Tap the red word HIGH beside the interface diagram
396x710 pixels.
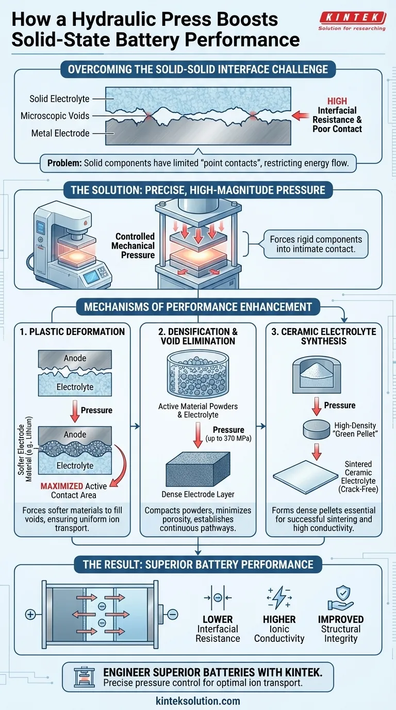[x=337, y=101]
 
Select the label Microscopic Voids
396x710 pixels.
[x=55, y=116]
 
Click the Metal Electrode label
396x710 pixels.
[x=60, y=133]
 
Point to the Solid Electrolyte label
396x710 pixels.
[x=59, y=99]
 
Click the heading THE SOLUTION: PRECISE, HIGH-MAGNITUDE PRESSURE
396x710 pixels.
[x=198, y=190]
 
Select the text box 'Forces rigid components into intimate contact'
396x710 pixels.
[x=316, y=244]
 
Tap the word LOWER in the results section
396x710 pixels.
[x=218, y=619]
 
